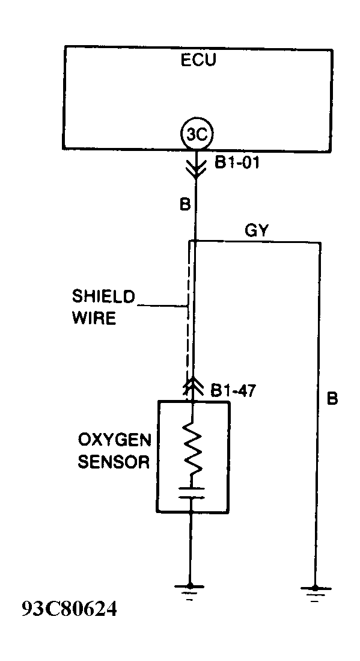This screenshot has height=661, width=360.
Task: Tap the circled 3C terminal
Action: click(x=197, y=134)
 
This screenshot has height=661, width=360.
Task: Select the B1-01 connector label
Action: click(x=237, y=163)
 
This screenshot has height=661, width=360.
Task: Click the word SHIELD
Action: click(x=103, y=296)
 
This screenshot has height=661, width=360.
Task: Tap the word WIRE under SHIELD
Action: click(x=94, y=318)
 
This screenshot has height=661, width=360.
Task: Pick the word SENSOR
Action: click(x=114, y=462)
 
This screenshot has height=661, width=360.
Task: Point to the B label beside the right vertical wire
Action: click(x=332, y=399)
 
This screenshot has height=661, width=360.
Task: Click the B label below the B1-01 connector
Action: click(x=185, y=204)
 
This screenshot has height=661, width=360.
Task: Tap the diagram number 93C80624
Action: click(x=69, y=609)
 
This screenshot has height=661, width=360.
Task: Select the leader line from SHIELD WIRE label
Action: click(x=162, y=307)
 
